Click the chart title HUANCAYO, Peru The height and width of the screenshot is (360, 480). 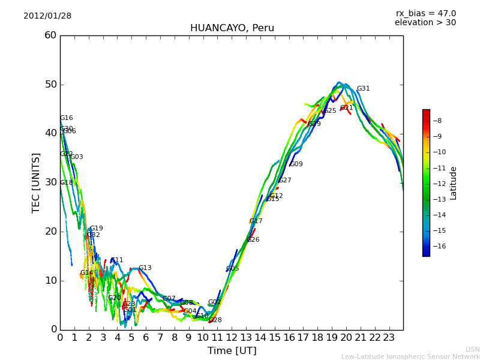(232, 28)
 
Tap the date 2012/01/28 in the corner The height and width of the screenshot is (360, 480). (47, 16)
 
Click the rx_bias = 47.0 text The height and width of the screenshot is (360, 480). (425, 14)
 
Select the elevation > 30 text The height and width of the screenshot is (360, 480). (425, 23)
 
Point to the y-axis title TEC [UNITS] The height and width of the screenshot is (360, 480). (36, 182)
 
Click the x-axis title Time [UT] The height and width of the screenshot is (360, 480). (232, 351)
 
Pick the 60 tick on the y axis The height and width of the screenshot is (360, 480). (50, 35)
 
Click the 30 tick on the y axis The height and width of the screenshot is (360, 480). (50, 182)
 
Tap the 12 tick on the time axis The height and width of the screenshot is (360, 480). (232, 338)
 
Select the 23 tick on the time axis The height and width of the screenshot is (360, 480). (389, 338)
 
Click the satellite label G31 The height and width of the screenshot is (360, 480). (363, 89)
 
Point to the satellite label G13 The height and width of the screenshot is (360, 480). (145, 268)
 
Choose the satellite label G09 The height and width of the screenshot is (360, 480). (296, 164)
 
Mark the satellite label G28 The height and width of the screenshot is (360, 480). (215, 320)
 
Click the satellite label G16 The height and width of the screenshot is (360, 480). (66, 118)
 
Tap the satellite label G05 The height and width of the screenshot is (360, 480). (232, 269)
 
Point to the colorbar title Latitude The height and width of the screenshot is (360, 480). (454, 183)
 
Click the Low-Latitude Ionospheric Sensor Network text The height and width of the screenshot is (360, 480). (410, 356)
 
